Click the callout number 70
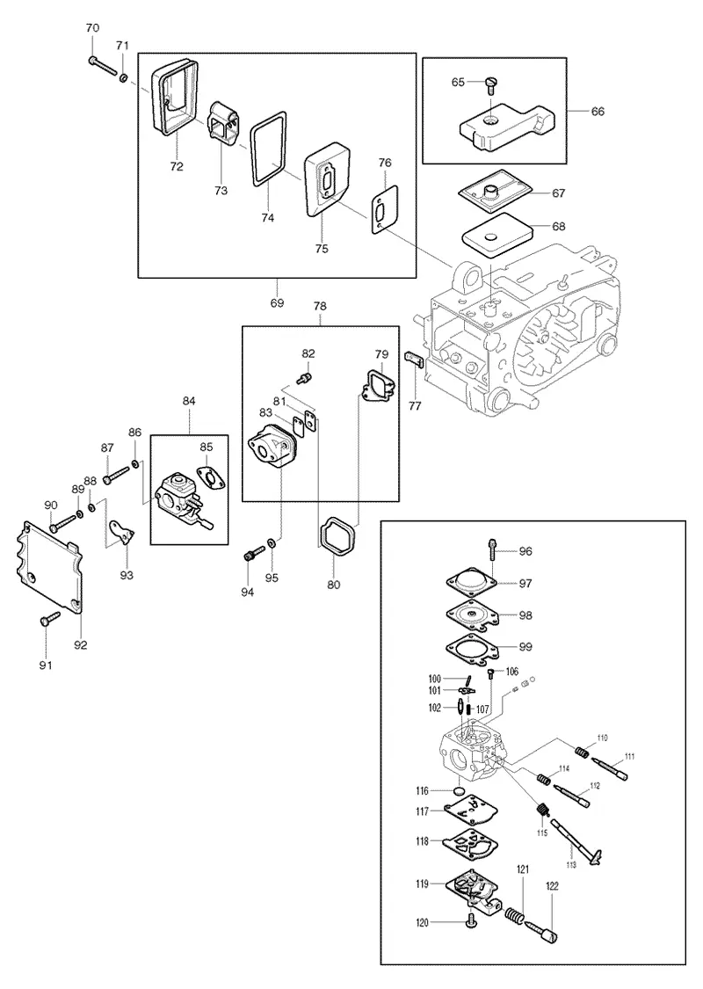(x=92, y=28)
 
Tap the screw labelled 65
(x=492, y=84)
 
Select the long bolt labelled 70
(x=104, y=66)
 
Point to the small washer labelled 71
(x=124, y=77)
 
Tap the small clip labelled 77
(x=412, y=360)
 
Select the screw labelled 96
(x=492, y=550)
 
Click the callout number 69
(x=278, y=302)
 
